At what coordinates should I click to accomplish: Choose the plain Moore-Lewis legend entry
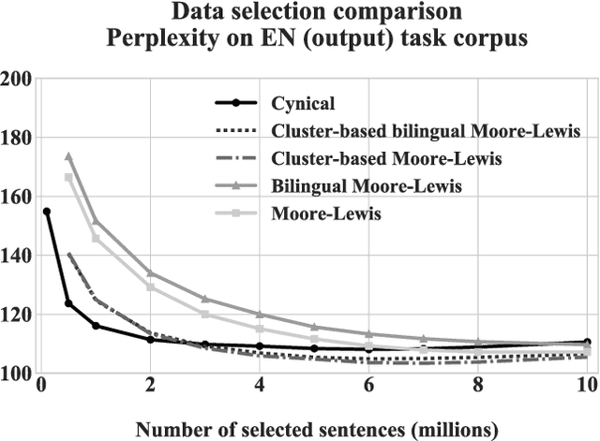(319, 214)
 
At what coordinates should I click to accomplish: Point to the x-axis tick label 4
(260, 386)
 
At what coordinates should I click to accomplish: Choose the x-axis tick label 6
(368, 386)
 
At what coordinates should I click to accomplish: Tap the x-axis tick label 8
(478, 386)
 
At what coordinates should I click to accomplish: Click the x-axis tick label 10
(586, 386)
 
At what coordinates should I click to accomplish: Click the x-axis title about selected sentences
(316, 429)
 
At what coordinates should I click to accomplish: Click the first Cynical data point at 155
(47, 212)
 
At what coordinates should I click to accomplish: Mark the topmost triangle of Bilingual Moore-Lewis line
(68, 156)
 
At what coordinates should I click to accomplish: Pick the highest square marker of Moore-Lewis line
(68, 177)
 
